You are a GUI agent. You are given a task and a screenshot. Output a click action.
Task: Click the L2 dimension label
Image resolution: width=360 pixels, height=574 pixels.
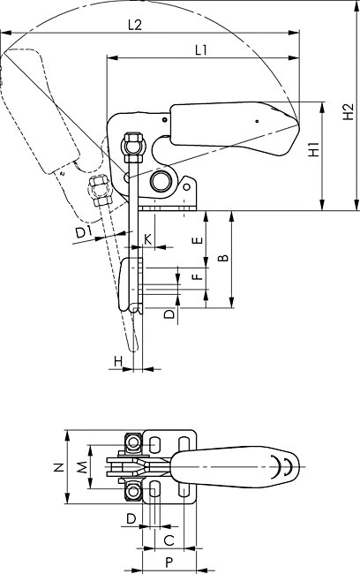(135, 25)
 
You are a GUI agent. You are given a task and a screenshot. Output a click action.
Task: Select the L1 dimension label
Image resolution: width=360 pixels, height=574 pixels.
(201, 49)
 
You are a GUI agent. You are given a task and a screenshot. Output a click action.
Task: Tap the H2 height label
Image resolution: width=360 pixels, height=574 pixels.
(349, 111)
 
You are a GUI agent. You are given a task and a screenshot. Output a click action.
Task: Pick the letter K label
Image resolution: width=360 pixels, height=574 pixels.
(147, 239)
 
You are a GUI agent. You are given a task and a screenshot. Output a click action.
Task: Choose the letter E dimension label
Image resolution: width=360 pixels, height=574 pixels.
(197, 240)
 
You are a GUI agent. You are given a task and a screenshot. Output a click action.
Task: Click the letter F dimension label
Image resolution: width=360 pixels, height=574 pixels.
(197, 275)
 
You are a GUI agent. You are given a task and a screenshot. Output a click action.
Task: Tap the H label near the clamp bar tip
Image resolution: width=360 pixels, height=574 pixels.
(118, 362)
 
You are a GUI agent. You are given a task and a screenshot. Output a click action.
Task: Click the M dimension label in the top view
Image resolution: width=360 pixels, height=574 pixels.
(83, 467)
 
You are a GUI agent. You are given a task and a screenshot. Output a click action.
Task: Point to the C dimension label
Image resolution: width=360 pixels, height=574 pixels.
(169, 540)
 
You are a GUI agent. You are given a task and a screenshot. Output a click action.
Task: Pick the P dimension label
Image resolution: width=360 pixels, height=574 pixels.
(169, 563)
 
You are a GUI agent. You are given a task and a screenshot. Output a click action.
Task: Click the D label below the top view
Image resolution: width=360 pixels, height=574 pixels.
(131, 518)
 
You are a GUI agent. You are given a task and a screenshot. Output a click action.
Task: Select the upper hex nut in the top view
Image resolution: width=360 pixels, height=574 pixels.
(133, 443)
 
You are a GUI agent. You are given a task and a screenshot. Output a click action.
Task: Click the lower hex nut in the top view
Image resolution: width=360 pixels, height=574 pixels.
(133, 492)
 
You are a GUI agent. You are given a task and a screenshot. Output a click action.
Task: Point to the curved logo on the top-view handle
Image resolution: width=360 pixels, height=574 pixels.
(281, 467)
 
